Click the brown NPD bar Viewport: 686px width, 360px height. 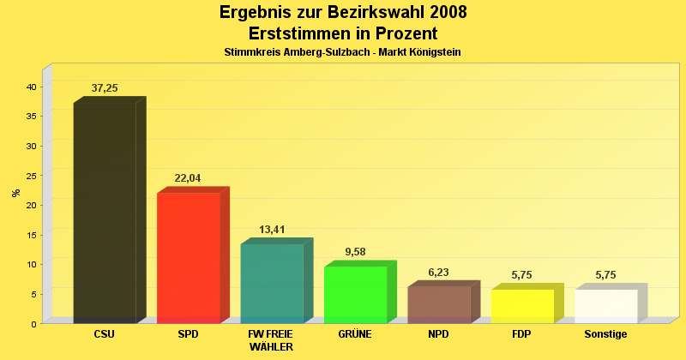438,304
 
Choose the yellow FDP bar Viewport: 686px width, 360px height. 522,306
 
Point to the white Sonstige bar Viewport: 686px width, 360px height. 605,306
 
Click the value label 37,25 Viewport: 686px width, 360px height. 105,88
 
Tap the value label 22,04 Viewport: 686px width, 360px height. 188,178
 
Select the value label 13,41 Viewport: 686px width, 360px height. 272,230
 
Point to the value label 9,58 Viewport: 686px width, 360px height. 355,252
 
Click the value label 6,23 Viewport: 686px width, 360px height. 438,272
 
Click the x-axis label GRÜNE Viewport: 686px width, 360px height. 355,334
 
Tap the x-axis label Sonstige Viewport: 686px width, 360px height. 605,334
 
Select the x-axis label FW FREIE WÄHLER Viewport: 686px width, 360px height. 272,340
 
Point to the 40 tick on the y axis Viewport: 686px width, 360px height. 31,87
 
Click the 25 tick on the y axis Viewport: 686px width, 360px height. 31,176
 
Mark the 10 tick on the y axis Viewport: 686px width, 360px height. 31,264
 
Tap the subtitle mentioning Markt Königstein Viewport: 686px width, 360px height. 343,52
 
